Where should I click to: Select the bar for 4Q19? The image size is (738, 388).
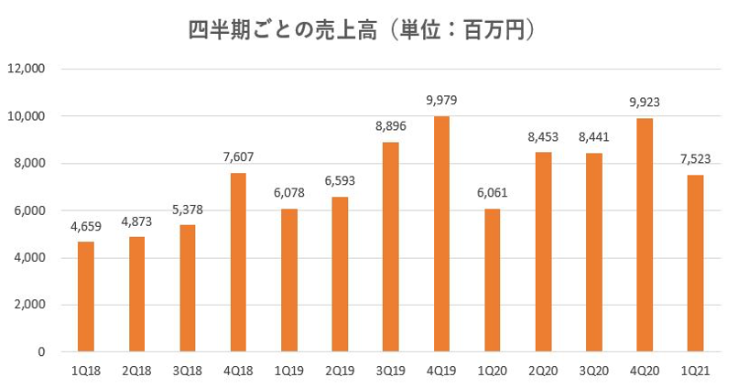point(441,234)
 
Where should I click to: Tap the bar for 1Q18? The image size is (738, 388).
point(86,296)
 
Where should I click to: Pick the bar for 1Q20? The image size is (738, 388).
point(493,280)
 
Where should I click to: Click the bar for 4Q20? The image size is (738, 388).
point(645,235)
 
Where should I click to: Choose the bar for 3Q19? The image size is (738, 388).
point(391,247)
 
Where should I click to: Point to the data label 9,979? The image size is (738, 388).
point(441,101)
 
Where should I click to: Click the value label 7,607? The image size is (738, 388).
point(238,156)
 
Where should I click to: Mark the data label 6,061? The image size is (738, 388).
point(493,193)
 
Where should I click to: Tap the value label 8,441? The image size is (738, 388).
point(594,137)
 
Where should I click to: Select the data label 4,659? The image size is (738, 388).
point(86,226)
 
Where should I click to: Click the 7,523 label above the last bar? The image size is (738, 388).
point(696,158)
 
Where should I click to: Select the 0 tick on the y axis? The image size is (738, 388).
point(41,351)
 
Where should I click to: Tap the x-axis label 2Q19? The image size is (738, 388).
point(340,371)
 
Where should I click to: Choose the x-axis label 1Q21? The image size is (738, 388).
point(696,371)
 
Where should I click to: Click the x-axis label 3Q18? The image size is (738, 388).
point(188,371)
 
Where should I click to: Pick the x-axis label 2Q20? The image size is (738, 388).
point(543,371)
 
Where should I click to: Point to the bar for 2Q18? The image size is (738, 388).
point(136,294)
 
